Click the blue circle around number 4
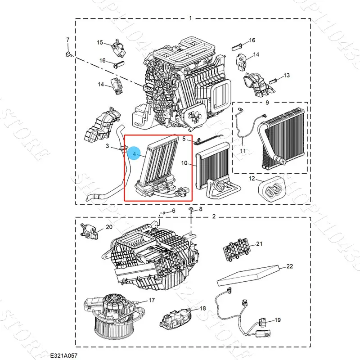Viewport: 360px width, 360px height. click(x=134, y=154)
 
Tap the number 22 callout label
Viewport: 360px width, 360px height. click(x=289, y=266)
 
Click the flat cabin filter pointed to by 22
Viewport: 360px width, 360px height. click(x=247, y=276)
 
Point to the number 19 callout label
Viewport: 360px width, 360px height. click(x=277, y=320)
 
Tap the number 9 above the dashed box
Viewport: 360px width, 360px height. click(x=267, y=103)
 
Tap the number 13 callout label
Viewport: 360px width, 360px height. click(x=287, y=75)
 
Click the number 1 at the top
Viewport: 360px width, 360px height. click(x=190, y=18)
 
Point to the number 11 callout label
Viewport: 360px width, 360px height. click(x=243, y=151)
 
